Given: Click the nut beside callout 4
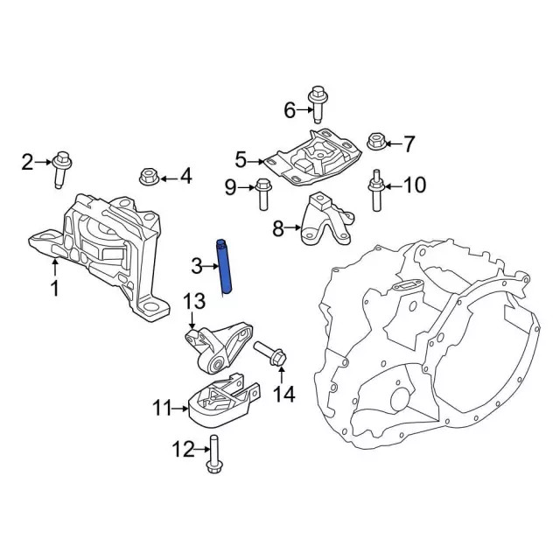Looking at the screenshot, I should (x=148, y=178).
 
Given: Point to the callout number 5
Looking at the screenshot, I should (x=241, y=160).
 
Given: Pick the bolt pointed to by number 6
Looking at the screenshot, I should (x=317, y=105).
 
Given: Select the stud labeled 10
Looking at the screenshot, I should (x=375, y=190).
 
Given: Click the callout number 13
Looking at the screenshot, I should (x=192, y=302).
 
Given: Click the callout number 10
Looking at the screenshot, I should (x=415, y=185).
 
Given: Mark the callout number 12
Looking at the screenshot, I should (x=181, y=451).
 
